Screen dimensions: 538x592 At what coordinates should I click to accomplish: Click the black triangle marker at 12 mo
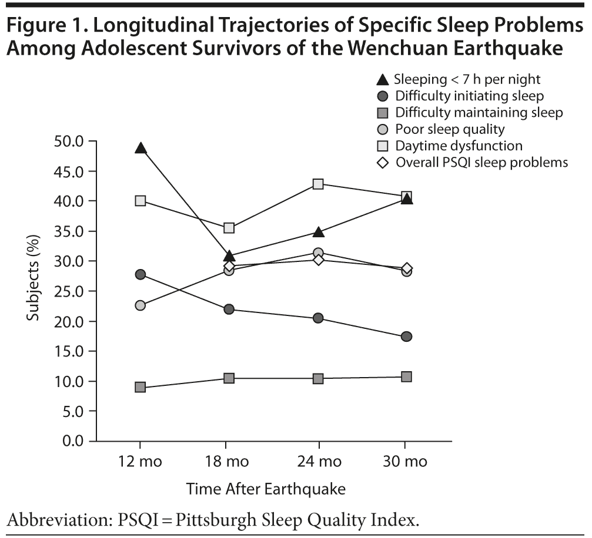(x=141, y=148)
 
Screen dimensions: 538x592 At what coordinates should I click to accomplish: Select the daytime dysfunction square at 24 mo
(x=318, y=184)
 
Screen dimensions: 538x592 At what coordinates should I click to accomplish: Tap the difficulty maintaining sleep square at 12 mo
(x=141, y=387)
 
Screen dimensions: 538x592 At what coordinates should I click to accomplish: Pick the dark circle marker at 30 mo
(x=406, y=337)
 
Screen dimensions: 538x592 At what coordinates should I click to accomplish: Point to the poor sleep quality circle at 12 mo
(x=141, y=305)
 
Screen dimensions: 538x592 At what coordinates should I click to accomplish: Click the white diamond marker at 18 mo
(x=229, y=266)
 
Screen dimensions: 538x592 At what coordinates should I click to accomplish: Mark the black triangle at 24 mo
(x=318, y=232)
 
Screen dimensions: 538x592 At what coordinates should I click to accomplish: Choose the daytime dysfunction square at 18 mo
(x=229, y=227)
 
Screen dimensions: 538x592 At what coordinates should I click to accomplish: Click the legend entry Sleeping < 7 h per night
(x=467, y=79)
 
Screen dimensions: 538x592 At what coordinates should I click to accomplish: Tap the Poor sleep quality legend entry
(x=450, y=129)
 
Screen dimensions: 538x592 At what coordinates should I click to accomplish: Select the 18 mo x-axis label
(x=229, y=462)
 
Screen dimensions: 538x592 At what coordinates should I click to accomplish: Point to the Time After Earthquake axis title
(x=266, y=489)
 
